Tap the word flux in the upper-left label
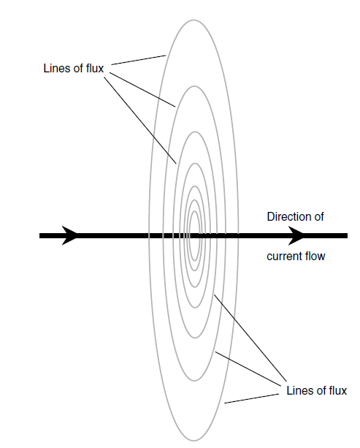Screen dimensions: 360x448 point(95,68)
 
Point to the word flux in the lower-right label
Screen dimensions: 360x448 point(338,390)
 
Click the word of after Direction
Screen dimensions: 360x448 point(319,216)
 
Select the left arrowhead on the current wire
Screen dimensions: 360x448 point(69,235)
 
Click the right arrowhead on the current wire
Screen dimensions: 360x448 point(296,235)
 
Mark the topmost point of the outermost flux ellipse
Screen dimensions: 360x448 point(194,20)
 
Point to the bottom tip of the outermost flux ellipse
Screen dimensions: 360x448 point(194,440)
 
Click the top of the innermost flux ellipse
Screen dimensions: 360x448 point(195,211)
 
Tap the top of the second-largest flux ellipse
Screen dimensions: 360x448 point(194,86)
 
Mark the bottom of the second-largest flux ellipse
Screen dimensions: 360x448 point(194,381)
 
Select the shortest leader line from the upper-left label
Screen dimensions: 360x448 point(139,60)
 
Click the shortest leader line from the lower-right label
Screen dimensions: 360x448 point(252,398)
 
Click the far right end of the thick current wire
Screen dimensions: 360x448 point(347,235)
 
